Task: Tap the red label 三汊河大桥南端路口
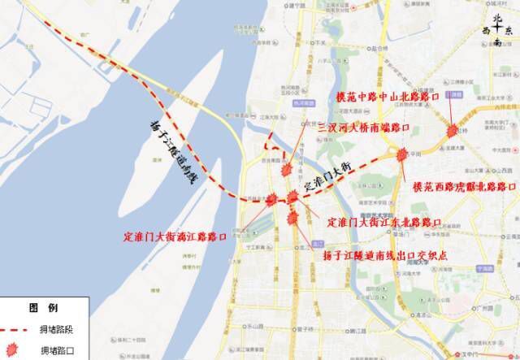click(x=362, y=128)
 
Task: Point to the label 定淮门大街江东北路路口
click(x=384, y=221)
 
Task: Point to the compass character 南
click(x=497, y=38)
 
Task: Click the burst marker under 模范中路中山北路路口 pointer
click(x=452, y=131)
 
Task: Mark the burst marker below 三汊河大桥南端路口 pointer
click(x=286, y=168)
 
